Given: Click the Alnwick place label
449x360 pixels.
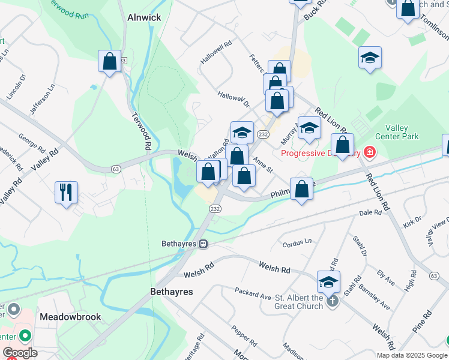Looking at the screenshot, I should pos(144,18).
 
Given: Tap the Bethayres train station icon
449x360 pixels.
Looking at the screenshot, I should pos(204,244).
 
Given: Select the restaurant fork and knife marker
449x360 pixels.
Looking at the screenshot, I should pos(66,193).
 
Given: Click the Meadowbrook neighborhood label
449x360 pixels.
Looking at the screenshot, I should pos(70,316).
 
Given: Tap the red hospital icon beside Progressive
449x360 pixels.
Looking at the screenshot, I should pos(370,152).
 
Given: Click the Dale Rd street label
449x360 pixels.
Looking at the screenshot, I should pos(370,212).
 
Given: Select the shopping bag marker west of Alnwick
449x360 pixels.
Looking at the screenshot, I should pos(110,61).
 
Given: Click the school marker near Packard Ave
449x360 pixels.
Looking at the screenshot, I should pos(328,281).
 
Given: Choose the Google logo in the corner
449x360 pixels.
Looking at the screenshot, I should pos(20,353).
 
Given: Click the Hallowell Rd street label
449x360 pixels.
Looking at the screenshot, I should pos(217,53).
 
